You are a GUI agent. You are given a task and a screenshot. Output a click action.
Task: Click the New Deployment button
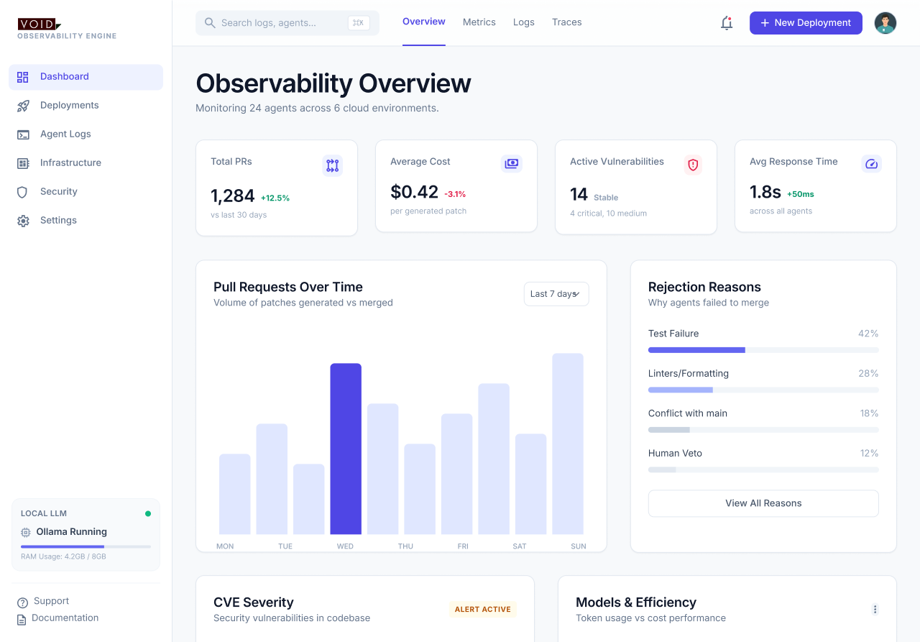point(806,23)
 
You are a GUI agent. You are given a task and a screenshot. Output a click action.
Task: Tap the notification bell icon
point(727,23)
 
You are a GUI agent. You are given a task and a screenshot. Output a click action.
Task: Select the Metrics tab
point(479,22)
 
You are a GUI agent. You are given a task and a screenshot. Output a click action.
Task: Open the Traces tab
point(567,22)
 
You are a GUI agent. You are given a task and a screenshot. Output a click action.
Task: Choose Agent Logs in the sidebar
point(65,134)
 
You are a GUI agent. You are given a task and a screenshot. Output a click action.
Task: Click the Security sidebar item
point(59,191)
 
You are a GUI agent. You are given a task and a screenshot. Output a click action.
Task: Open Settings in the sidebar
point(58,220)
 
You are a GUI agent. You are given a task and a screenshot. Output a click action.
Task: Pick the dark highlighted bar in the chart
point(346,449)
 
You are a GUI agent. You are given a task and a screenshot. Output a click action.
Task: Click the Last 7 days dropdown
point(556,294)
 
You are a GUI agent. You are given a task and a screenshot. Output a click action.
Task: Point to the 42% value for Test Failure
point(868,334)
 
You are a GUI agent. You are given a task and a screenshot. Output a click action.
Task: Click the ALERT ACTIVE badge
point(483,609)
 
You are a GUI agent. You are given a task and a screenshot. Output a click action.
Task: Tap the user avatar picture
point(885,23)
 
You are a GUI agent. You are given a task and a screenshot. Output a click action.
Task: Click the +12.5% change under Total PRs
point(275,198)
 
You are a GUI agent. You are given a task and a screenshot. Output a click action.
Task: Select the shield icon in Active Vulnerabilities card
point(693,165)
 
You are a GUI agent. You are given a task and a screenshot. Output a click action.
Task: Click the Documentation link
point(65,618)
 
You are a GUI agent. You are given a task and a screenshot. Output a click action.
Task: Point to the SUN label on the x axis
point(579,546)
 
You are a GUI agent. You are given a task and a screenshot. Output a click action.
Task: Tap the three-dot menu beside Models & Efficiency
point(875,609)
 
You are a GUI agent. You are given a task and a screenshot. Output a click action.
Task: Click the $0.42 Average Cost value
point(414,192)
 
